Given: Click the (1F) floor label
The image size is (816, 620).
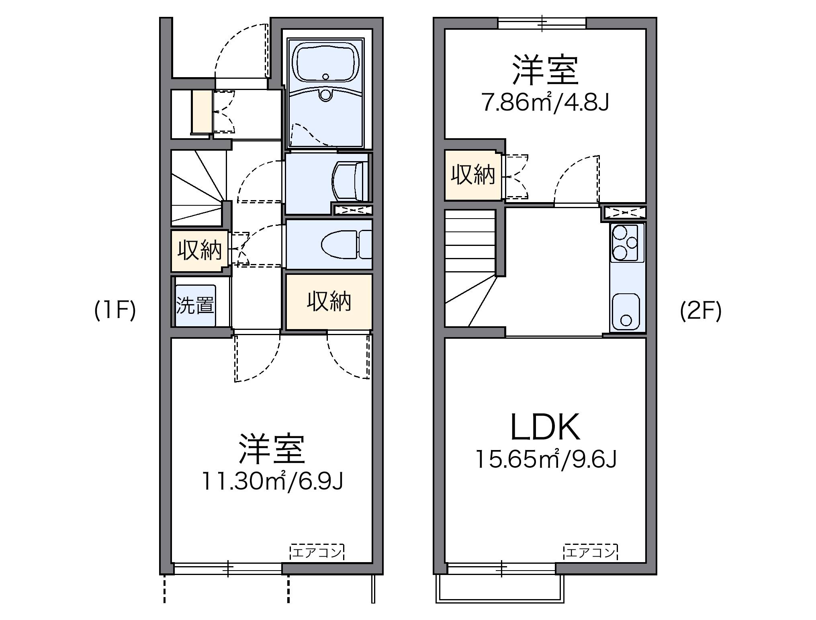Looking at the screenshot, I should pyautogui.click(x=115, y=311).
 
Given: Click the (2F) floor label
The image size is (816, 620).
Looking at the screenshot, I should pyautogui.click(x=701, y=311).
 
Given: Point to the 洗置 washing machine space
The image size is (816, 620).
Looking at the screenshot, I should pyautogui.click(x=195, y=305).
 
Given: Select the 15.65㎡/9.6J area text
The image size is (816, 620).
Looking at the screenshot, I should pyautogui.click(x=545, y=459).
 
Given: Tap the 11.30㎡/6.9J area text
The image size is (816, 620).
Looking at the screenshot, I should pyautogui.click(x=272, y=481).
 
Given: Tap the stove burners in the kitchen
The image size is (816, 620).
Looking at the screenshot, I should pyautogui.click(x=626, y=242).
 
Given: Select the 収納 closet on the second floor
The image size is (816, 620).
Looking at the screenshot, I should pyautogui.click(x=472, y=175).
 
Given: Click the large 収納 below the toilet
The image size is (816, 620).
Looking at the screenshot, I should pyautogui.click(x=329, y=301).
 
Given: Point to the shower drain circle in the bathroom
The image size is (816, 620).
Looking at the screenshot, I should pyautogui.click(x=325, y=95).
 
